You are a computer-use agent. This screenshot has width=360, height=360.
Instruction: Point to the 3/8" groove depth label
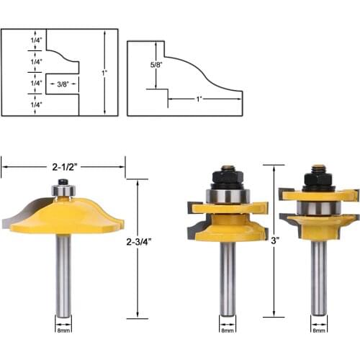(x=63, y=84)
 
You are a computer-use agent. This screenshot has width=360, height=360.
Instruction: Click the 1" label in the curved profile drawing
(x=198, y=98)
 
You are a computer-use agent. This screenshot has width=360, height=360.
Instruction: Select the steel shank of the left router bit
(x=63, y=274)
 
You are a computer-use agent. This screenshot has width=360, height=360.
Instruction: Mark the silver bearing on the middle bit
(x=228, y=195)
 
